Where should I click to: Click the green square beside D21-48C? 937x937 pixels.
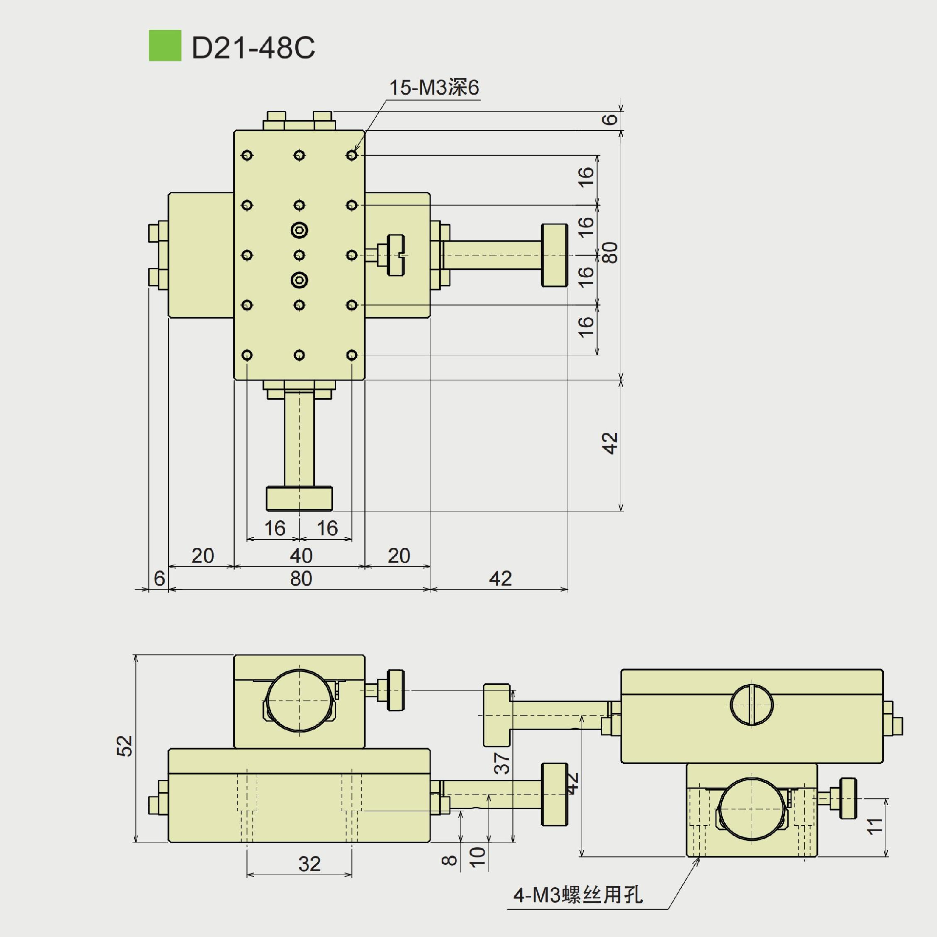click(165, 46)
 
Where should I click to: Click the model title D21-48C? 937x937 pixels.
click(253, 48)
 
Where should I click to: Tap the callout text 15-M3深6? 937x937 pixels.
click(434, 88)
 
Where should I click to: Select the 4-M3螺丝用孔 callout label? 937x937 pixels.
click(578, 895)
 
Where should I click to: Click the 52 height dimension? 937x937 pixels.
click(125, 746)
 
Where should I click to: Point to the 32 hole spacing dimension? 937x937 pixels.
click(309, 864)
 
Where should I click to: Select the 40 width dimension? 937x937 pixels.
click(301, 556)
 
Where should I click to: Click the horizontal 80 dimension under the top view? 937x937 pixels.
click(301, 579)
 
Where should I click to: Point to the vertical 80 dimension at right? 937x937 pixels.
click(611, 252)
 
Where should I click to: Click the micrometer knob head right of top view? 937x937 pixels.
click(554, 255)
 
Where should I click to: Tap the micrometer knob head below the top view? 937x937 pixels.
click(299, 499)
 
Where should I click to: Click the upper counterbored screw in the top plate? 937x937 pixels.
click(299, 230)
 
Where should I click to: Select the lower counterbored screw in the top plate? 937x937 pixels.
click(299, 280)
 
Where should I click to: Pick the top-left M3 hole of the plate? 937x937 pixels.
click(247, 155)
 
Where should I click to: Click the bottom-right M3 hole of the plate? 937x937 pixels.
click(352, 355)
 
